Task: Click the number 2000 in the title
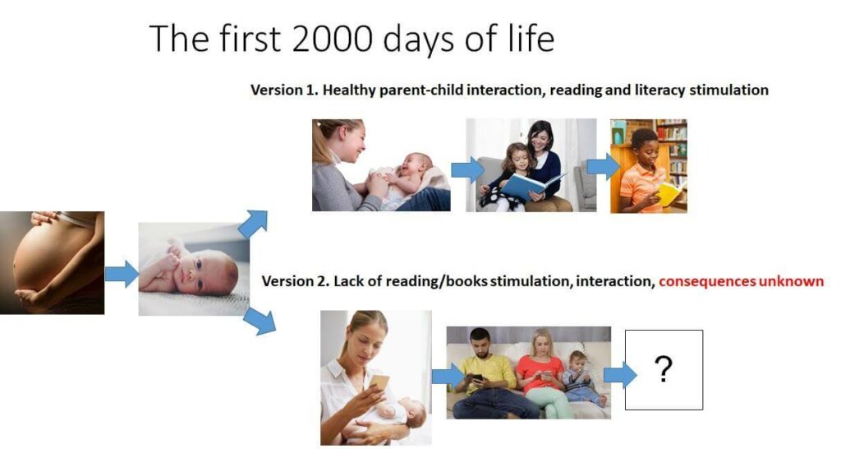(x=333, y=39)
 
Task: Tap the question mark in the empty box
(x=664, y=369)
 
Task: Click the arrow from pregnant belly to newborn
(x=122, y=273)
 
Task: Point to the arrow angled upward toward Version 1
(x=253, y=224)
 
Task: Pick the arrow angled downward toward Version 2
(x=259, y=322)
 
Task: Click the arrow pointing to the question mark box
(x=620, y=374)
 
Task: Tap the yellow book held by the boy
(x=670, y=193)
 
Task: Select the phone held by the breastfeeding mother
(x=379, y=382)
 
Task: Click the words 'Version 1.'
(x=285, y=90)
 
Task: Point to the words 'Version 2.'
(x=296, y=281)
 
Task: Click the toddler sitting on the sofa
(x=582, y=378)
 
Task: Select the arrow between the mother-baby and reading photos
(x=467, y=169)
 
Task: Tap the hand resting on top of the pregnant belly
(x=46, y=217)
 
